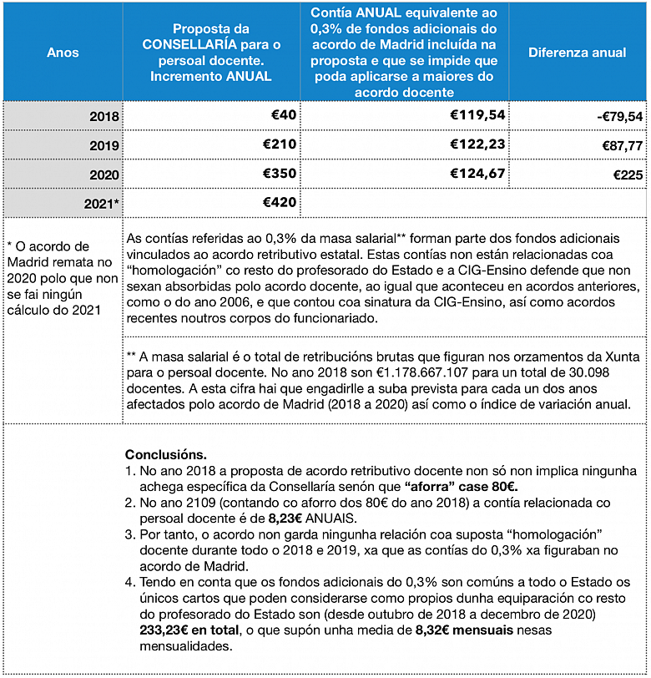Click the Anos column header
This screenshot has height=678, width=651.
tap(63, 53)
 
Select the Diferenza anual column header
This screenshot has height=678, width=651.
tap(577, 53)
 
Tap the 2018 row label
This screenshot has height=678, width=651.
tap(103, 116)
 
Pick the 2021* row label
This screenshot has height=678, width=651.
tap(100, 203)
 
